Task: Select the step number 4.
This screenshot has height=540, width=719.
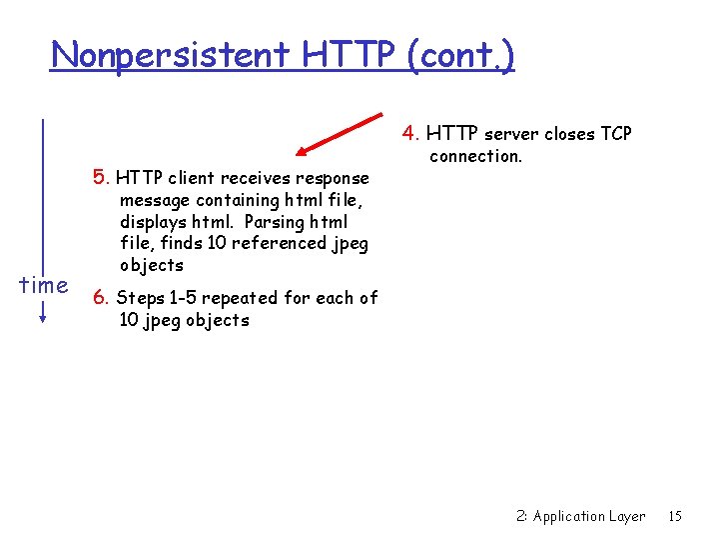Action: point(410,133)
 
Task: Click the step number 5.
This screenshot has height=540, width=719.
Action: point(100,178)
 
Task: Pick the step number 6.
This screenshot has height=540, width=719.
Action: point(100,298)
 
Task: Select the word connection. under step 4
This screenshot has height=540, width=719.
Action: point(475,156)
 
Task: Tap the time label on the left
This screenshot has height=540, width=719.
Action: point(44,285)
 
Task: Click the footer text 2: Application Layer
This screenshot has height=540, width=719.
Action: point(580,516)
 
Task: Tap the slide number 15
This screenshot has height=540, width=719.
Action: point(675,516)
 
